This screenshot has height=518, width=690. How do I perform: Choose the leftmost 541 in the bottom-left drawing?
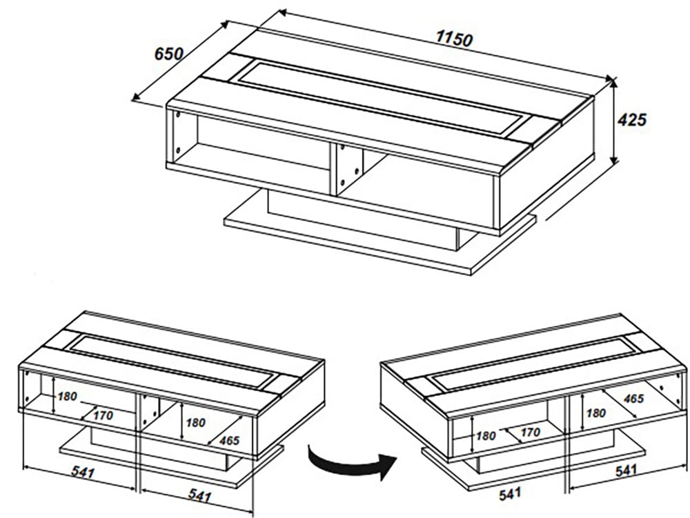pos(81,473)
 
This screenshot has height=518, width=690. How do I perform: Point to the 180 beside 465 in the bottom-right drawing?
pos(594,413)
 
